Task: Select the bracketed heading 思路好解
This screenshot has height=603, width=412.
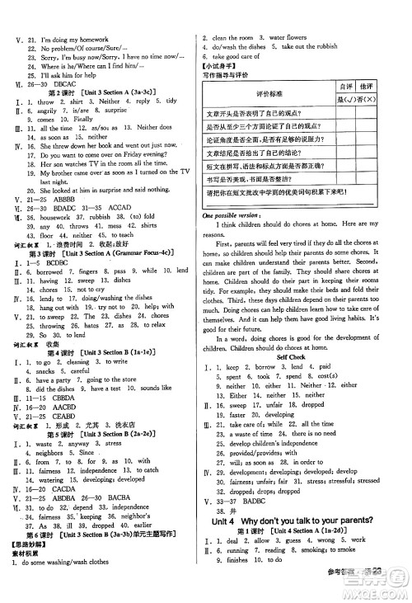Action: pyautogui.click(x=26, y=572)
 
